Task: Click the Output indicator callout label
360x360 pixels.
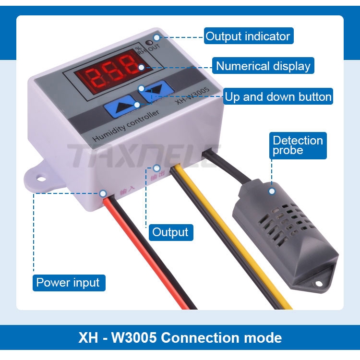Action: (x=248, y=36)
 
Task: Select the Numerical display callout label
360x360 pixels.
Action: (x=263, y=66)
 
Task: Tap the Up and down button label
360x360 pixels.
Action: (x=278, y=96)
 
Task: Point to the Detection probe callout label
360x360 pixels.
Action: (x=298, y=145)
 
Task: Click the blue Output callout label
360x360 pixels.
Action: (x=170, y=232)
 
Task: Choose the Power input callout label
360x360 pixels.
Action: (x=68, y=282)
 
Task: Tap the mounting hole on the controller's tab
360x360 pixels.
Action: (x=42, y=179)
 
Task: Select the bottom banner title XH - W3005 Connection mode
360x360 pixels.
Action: (x=180, y=337)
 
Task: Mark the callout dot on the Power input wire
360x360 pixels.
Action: (x=103, y=193)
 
